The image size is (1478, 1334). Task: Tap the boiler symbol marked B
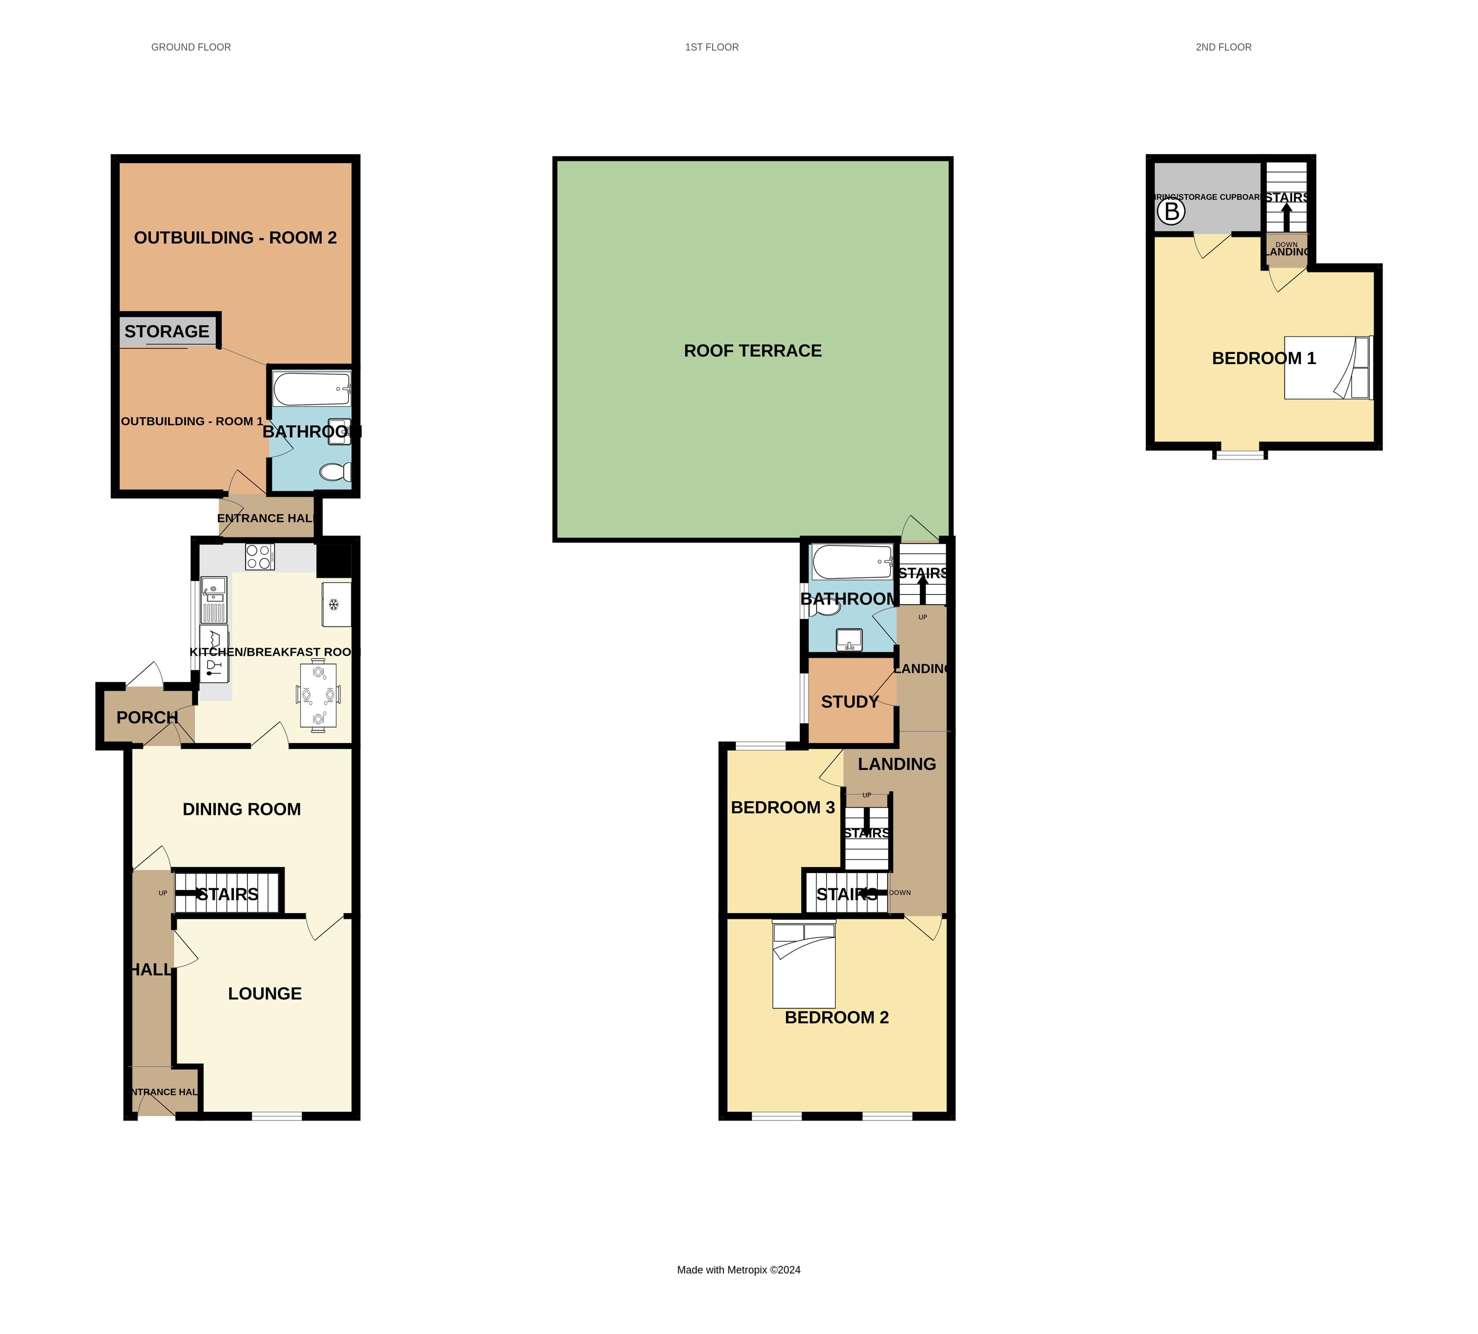[1171, 212]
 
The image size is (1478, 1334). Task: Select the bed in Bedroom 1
[1327, 368]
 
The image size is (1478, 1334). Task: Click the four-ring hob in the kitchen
[260, 557]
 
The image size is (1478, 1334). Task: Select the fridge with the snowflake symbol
[336, 605]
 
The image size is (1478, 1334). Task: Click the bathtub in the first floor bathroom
[852, 563]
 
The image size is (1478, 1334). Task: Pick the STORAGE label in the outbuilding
[167, 331]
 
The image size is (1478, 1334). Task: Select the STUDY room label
[850, 702]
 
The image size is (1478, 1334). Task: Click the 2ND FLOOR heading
[1223, 47]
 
